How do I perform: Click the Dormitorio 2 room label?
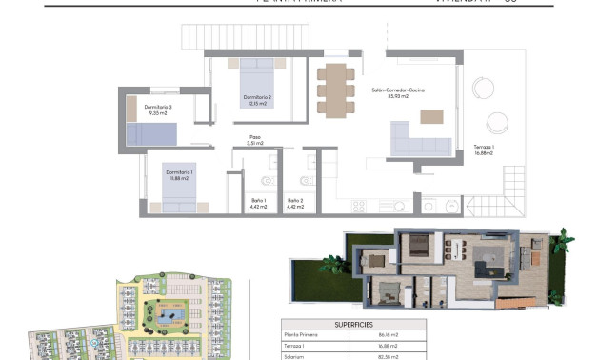click(x=258, y=100)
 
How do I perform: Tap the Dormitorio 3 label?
click(x=158, y=110)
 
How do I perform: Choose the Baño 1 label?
click(x=258, y=203)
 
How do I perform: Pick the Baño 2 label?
click(x=295, y=203)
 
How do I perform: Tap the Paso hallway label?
click(x=255, y=140)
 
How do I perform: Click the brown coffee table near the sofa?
click(x=431, y=116)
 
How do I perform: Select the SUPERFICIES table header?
click(x=354, y=324)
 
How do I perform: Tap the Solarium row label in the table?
click(x=294, y=355)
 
